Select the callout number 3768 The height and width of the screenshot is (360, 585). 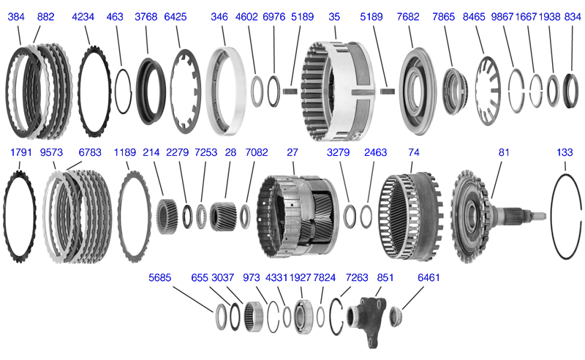point(147,16)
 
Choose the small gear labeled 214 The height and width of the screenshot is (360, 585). point(167,215)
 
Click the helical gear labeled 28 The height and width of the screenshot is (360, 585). point(222,216)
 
